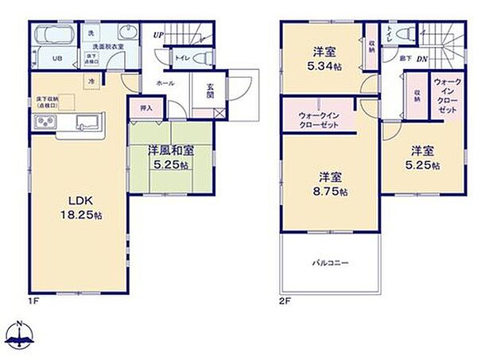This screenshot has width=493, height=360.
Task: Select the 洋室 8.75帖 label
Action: tap(332, 184)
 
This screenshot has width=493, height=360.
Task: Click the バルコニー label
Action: tap(329, 263)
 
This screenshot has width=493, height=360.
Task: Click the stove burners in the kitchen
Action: tap(44, 122)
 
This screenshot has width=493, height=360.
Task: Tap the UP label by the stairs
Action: tap(159, 35)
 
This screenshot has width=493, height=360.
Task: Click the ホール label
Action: tap(165, 83)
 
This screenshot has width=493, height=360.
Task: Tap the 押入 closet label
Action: tap(147, 106)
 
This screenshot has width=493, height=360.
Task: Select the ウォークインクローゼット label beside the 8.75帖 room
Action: tap(320, 119)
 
